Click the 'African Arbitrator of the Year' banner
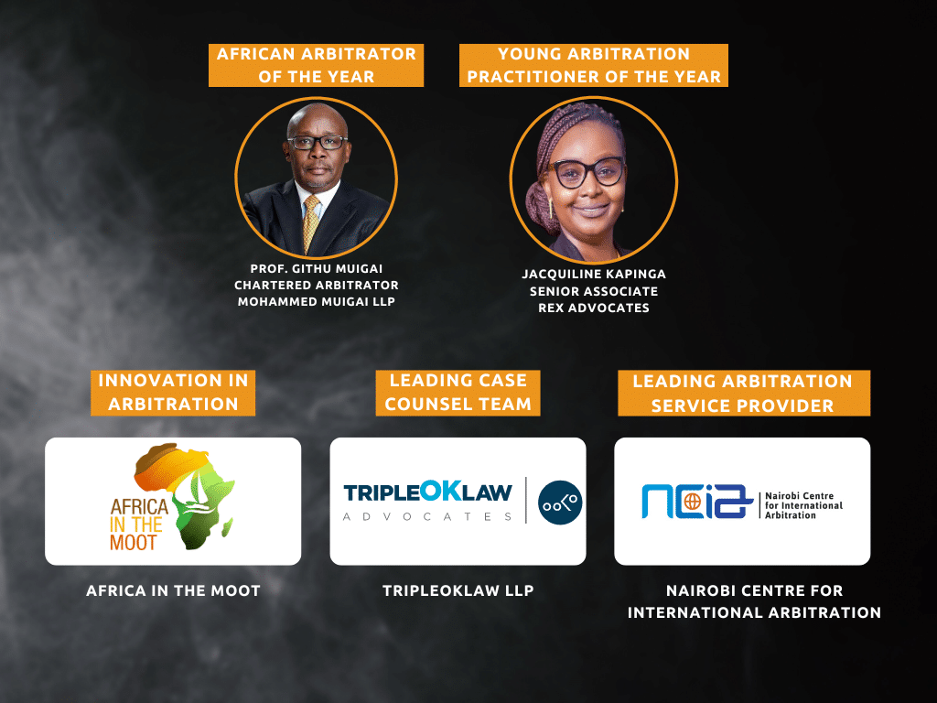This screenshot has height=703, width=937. [x=316, y=65]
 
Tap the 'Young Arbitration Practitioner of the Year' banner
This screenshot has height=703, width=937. [x=593, y=65]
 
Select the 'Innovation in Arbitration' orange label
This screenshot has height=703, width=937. [x=173, y=393]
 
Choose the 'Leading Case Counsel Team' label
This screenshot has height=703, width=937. [x=458, y=393]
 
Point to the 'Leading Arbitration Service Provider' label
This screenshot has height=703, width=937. [x=743, y=393]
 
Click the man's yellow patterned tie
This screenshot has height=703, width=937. [x=311, y=223]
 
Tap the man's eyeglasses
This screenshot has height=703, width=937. [x=318, y=142]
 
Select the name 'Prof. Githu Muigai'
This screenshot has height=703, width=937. [x=316, y=269]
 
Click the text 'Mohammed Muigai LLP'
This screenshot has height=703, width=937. [x=316, y=302]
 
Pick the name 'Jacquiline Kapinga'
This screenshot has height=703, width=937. [x=593, y=275]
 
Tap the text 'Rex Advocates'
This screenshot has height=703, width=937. [x=593, y=308]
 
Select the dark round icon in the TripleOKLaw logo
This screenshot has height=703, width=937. [x=560, y=503]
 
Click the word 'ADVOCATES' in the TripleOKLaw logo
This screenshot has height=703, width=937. [x=428, y=516]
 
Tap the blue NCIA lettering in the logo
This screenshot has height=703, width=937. [x=696, y=501]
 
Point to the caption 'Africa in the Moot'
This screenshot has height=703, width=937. [x=173, y=590]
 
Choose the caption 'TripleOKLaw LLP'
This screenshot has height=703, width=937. [x=458, y=590]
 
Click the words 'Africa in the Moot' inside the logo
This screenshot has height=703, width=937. [x=139, y=525]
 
